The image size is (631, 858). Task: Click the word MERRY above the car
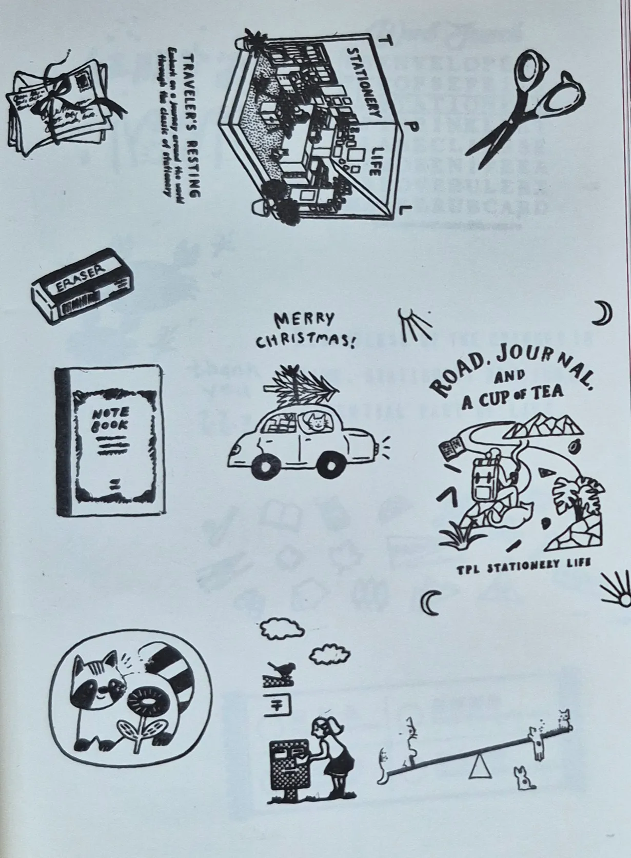(x=304, y=320)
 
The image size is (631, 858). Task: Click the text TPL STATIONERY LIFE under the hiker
(x=524, y=563)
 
